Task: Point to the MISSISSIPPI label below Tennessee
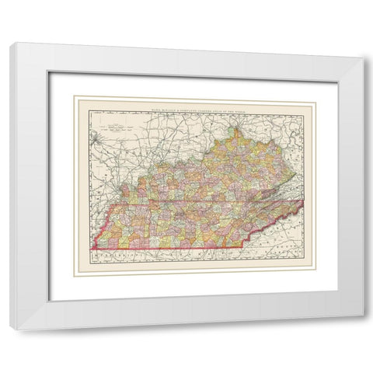(x=124, y=253)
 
